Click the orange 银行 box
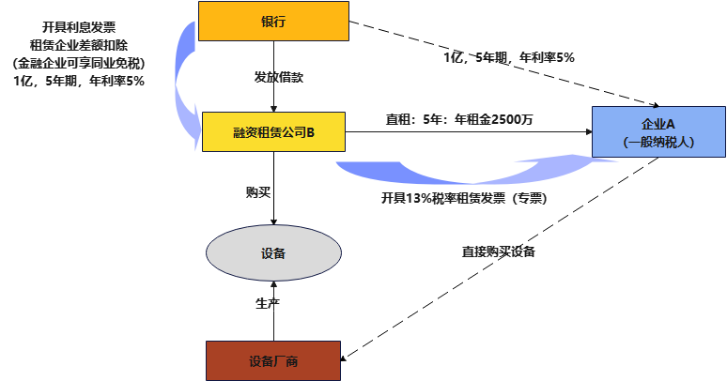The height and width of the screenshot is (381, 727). pyautogui.click(x=273, y=22)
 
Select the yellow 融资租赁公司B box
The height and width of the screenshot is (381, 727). pyautogui.click(x=273, y=132)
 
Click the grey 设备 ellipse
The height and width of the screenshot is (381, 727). pyautogui.click(x=273, y=253)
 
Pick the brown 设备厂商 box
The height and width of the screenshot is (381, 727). pyautogui.click(x=273, y=361)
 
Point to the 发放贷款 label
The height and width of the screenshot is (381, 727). pyautogui.click(x=278, y=76)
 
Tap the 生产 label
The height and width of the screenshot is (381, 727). pyautogui.click(x=268, y=304)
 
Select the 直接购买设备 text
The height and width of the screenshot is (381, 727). pyautogui.click(x=498, y=252)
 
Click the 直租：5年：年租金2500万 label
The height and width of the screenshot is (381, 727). pyautogui.click(x=459, y=119)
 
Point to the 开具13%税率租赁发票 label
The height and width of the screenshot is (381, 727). pyautogui.click(x=464, y=199)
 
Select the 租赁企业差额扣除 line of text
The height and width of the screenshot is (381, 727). pyautogui.click(x=80, y=46)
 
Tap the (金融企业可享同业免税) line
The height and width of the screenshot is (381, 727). pyautogui.click(x=80, y=64)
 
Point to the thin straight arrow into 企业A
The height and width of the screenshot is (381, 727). pyautogui.click(x=470, y=132)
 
